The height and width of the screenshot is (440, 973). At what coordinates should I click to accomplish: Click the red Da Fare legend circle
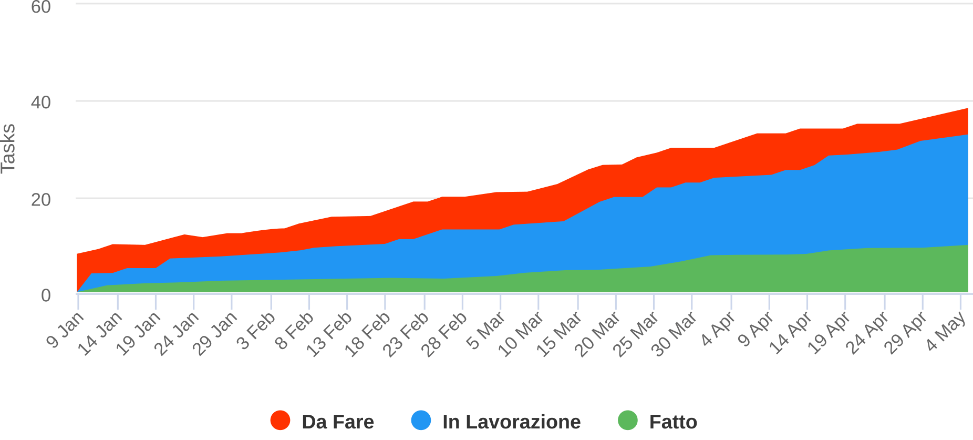click(x=280, y=421)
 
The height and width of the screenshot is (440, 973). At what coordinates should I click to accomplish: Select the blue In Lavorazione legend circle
click(x=421, y=421)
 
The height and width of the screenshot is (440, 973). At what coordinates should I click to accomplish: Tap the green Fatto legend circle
click(x=627, y=421)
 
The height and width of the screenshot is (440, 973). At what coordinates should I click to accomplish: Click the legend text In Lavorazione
click(x=511, y=422)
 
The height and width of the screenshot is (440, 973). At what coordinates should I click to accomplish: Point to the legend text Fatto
click(x=673, y=422)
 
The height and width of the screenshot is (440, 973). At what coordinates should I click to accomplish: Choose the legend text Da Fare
click(x=337, y=422)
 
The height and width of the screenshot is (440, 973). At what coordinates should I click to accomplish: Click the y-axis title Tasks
click(x=9, y=148)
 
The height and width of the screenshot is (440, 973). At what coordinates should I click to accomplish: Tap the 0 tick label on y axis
click(x=46, y=295)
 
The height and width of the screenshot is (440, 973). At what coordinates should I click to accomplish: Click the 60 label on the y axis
click(x=40, y=7)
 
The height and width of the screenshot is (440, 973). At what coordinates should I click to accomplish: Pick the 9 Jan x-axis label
click(x=65, y=330)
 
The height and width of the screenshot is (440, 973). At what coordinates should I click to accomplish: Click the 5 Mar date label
click(x=486, y=331)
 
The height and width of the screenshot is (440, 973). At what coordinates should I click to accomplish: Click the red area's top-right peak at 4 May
click(x=967, y=109)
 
